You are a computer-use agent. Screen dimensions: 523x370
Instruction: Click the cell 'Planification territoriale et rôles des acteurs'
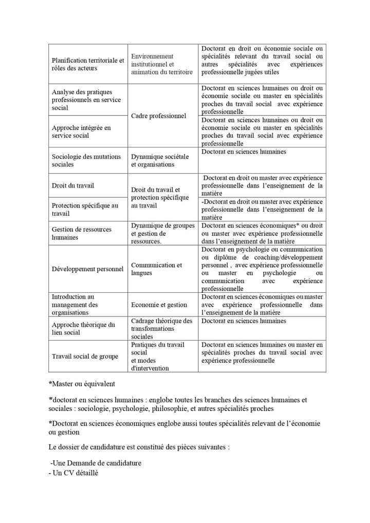tap(88, 64)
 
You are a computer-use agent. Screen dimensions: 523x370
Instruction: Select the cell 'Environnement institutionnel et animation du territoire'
tap(162, 64)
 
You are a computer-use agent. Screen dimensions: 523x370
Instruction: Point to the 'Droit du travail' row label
tap(73, 185)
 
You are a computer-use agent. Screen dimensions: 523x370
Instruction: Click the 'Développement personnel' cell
tap(88, 269)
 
